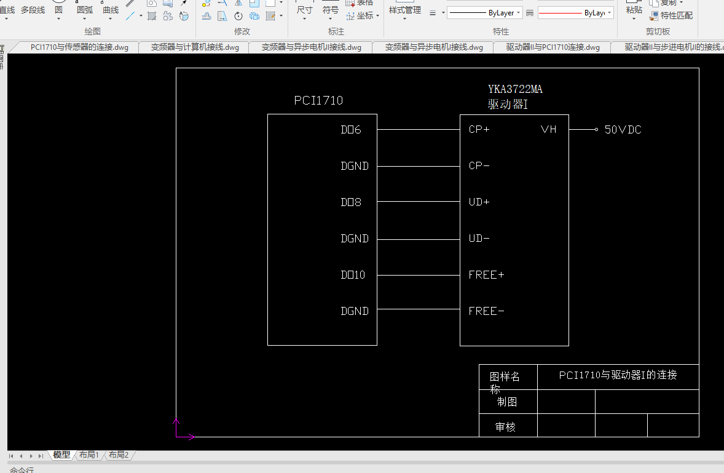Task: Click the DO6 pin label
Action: pyautogui.click(x=351, y=130)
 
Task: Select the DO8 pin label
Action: pyautogui.click(x=351, y=202)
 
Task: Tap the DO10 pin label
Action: pyautogui.click(x=353, y=275)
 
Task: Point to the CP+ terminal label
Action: pyautogui.click(x=479, y=130)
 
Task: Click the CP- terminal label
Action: pyautogui.click(x=479, y=166)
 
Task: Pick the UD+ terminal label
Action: pyautogui.click(x=479, y=202)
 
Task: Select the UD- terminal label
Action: pyautogui.click(x=479, y=239)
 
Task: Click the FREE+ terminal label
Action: pyautogui.click(x=486, y=275)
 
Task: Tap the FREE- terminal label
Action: pyautogui.click(x=486, y=311)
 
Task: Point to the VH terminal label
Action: pyautogui.click(x=548, y=130)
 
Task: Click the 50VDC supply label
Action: pyautogui.click(x=623, y=130)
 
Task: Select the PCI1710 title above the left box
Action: pyautogui.click(x=318, y=101)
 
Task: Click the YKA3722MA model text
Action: pyautogui.click(x=515, y=90)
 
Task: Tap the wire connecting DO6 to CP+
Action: pyautogui.click(x=418, y=130)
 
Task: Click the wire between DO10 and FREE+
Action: pyautogui.click(x=418, y=275)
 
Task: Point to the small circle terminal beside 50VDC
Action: pyautogui.click(x=596, y=130)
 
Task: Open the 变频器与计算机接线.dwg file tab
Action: pyautogui.click(x=195, y=47)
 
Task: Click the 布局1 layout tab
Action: pyautogui.click(x=89, y=455)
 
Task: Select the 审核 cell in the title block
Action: pyautogui.click(x=506, y=426)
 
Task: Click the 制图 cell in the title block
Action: pyautogui.click(x=507, y=402)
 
